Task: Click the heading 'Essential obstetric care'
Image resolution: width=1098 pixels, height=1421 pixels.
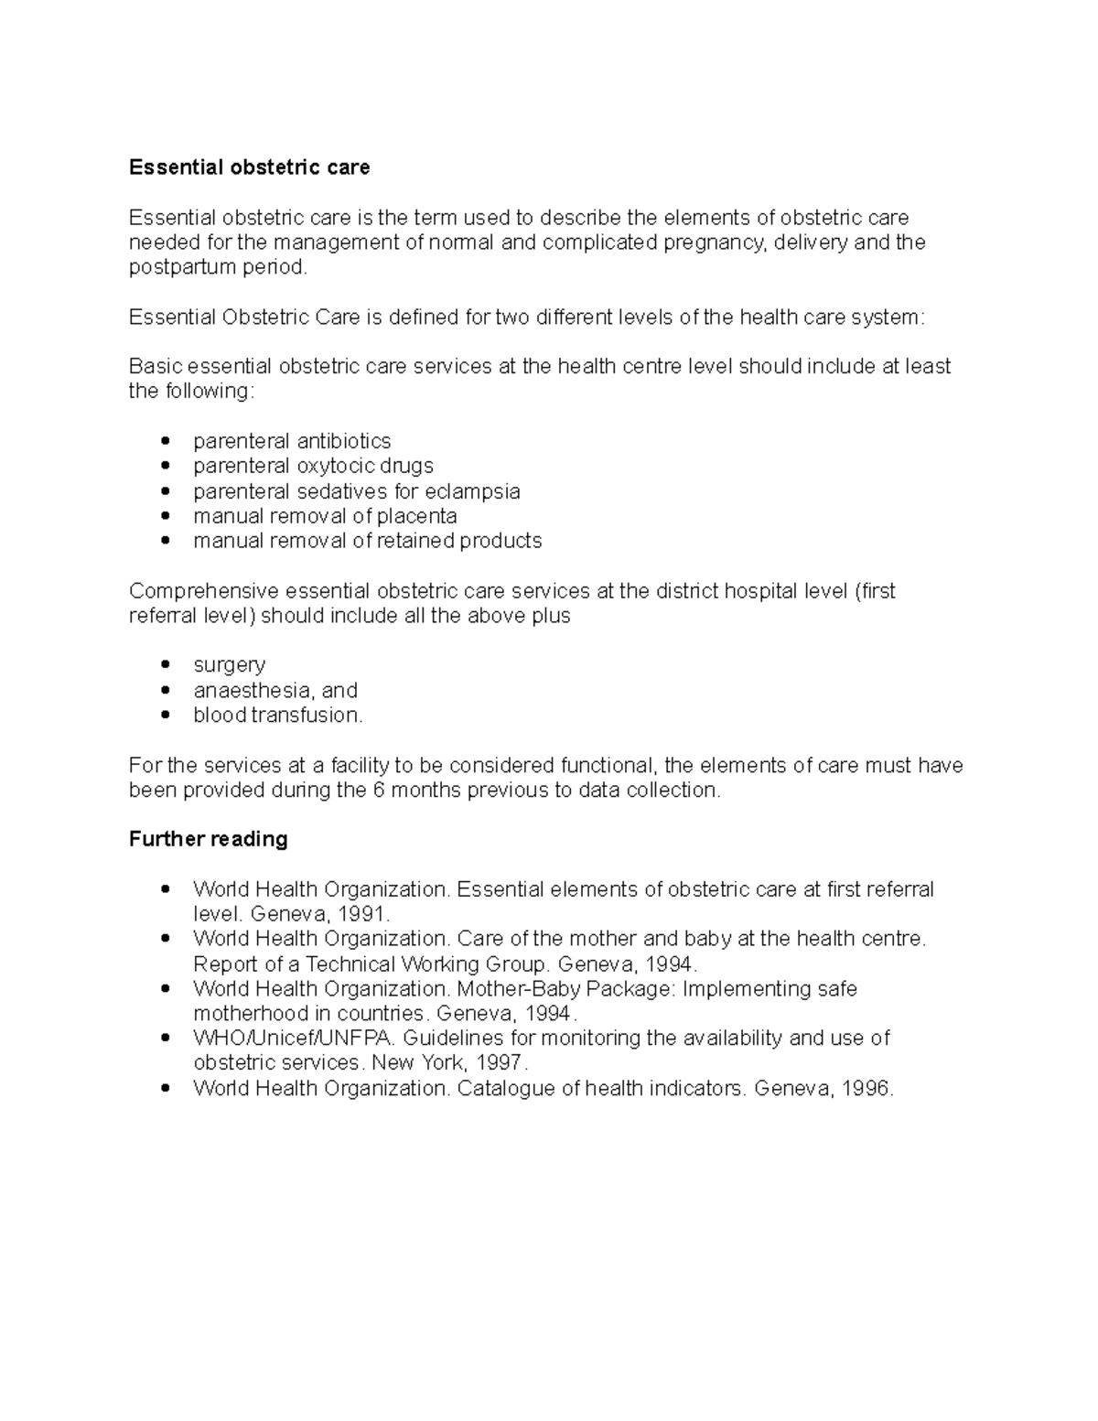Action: coord(249,167)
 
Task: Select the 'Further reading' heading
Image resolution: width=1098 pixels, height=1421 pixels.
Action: coord(208,839)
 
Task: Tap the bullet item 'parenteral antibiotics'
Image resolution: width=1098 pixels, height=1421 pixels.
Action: coord(292,441)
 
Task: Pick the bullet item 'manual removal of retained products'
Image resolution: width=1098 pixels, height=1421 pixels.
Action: coord(367,541)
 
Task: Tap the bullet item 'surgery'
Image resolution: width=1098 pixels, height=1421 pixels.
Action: coord(229,665)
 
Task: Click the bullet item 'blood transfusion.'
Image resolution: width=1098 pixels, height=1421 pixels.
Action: coord(278,716)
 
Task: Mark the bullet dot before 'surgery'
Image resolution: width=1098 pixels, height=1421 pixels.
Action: coord(165,665)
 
